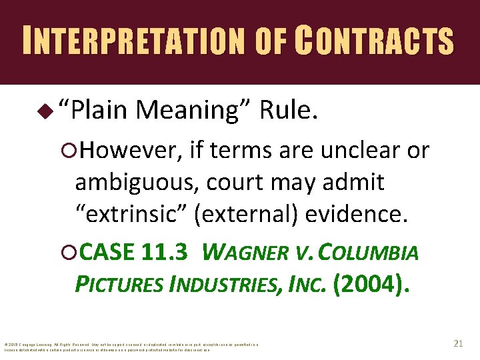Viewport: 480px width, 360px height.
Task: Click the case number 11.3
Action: [x=167, y=253]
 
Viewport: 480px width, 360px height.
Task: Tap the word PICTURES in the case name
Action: [x=119, y=285]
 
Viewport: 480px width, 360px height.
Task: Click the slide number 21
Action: [x=457, y=343]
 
